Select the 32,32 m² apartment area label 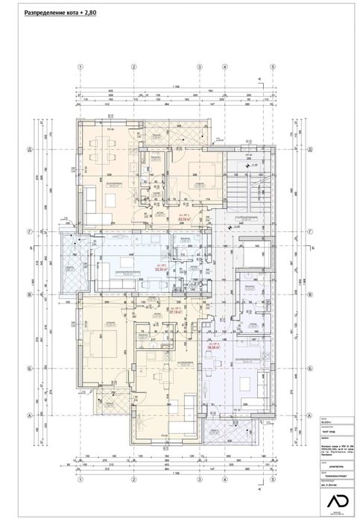[160, 271]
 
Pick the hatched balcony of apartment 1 [160, 133]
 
